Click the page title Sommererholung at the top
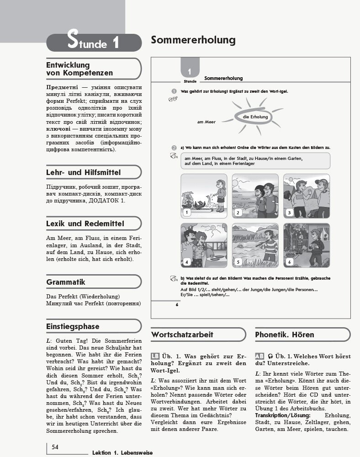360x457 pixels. tap(193, 40)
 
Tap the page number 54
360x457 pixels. tap(55, 446)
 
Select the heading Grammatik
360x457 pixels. tap(66, 282)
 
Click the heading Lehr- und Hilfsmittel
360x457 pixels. tap(83, 172)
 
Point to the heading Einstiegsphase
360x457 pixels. tap(73, 326)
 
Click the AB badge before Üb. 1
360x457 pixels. tap(259, 356)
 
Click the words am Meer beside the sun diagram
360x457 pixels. tap(206, 122)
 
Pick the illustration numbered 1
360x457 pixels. tap(203, 196)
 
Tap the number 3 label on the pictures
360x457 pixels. tap(289, 213)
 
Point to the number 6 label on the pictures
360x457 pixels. tap(289, 262)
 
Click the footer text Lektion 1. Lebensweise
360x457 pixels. tap(122, 452)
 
